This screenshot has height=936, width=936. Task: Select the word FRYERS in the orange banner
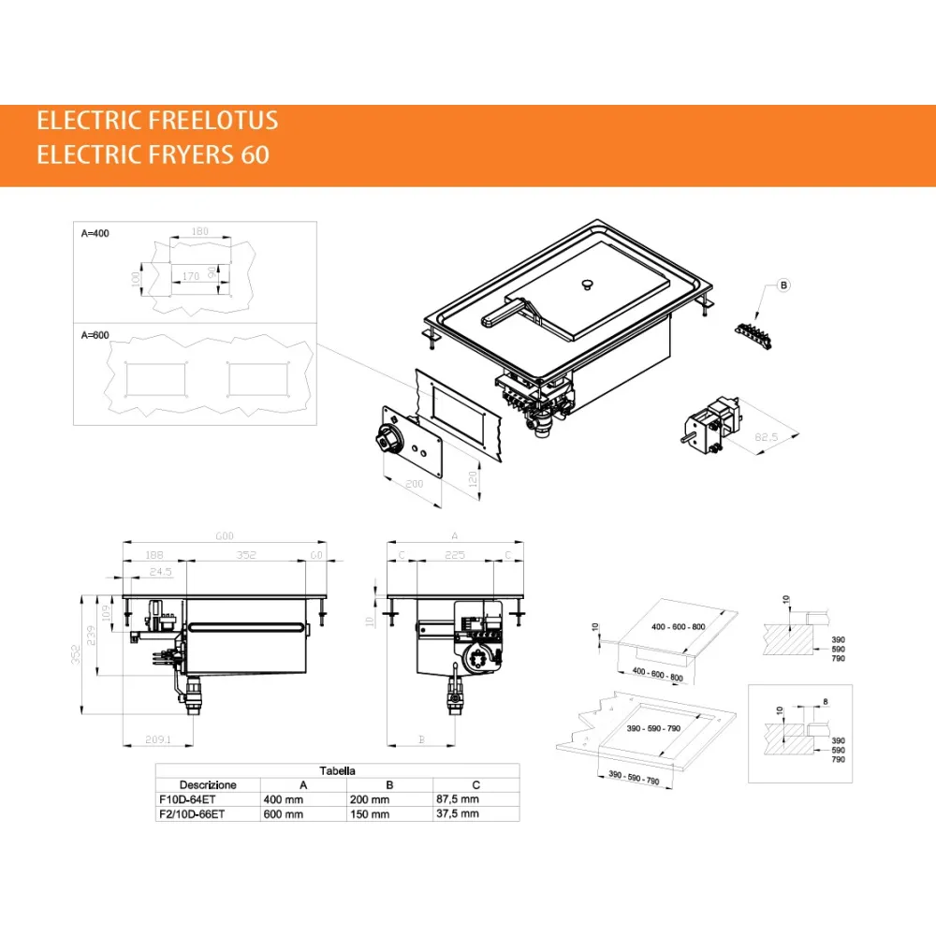click(x=189, y=154)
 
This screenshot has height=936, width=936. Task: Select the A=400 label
click(x=95, y=232)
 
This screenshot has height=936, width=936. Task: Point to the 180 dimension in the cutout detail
click(x=198, y=231)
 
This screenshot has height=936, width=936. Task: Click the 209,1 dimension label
click(x=157, y=740)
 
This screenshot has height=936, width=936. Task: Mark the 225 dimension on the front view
click(x=454, y=554)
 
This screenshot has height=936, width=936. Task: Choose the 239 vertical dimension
click(x=90, y=636)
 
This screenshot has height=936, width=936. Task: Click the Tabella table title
click(x=337, y=770)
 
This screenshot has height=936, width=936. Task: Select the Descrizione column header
click(x=208, y=784)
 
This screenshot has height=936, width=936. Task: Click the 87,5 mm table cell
click(x=457, y=799)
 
